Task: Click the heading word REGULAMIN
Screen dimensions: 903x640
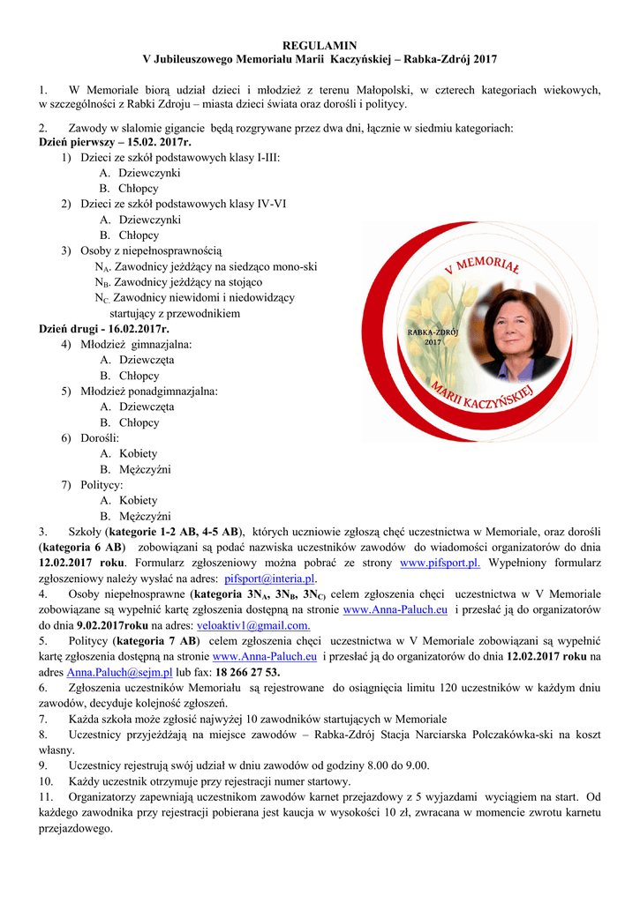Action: pos(320,44)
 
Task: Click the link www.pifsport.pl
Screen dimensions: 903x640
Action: pos(440,563)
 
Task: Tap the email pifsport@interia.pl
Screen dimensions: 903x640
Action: pos(270,578)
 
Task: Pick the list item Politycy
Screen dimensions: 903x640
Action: pos(102,485)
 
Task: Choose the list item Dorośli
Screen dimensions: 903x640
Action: pos(100,438)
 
